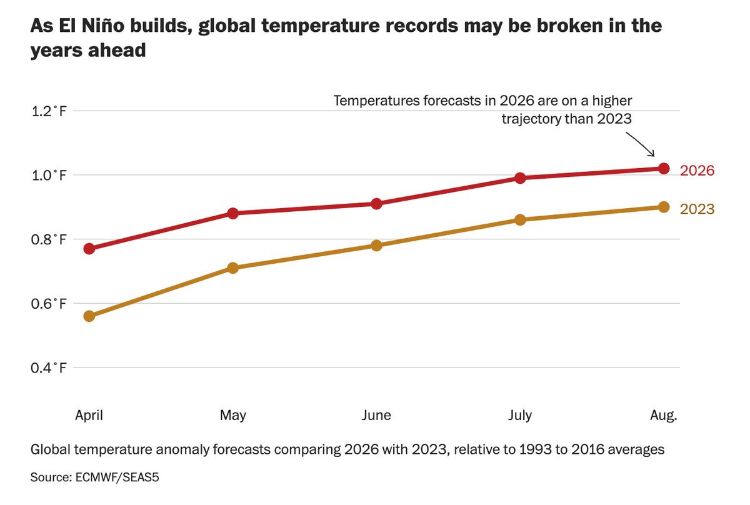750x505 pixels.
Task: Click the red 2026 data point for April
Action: pyautogui.click(x=89, y=249)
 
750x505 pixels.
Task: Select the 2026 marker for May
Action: pyautogui.click(x=233, y=213)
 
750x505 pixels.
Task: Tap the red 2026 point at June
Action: pyautogui.click(x=376, y=204)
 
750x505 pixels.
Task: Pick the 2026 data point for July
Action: pyautogui.click(x=520, y=178)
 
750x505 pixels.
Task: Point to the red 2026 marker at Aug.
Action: pyautogui.click(x=664, y=168)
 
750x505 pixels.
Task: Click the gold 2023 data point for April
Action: pyautogui.click(x=89, y=316)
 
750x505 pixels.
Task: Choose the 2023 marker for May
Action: pyautogui.click(x=233, y=268)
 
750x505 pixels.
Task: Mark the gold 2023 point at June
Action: pyautogui.click(x=376, y=246)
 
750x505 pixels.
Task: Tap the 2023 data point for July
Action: pyautogui.click(x=520, y=220)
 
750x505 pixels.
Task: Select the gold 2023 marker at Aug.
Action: pyautogui.click(x=664, y=207)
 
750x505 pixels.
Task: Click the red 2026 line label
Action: pyautogui.click(x=697, y=171)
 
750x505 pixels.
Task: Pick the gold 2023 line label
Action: pyautogui.click(x=697, y=209)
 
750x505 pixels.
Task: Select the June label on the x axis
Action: pyautogui.click(x=376, y=416)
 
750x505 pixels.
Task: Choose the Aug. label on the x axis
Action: pyautogui.click(x=664, y=416)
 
